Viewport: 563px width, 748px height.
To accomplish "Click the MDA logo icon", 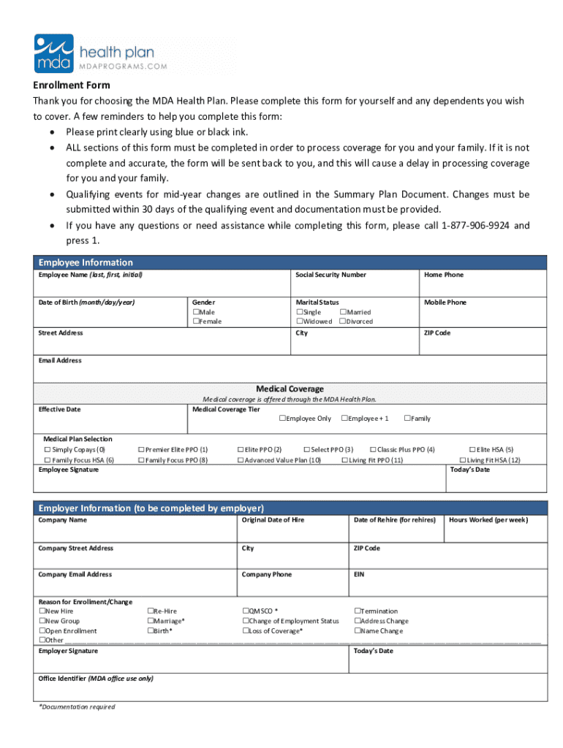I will (x=54, y=53).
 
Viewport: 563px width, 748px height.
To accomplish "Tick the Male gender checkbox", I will (x=196, y=312).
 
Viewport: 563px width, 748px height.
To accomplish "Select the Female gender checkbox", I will (x=196, y=321).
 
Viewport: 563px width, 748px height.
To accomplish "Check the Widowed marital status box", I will (x=300, y=321).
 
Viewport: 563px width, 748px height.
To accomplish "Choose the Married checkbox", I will (x=343, y=312).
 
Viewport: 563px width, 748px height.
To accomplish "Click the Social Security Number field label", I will (x=330, y=275).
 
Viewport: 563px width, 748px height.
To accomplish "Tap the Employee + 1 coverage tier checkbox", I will (x=344, y=419).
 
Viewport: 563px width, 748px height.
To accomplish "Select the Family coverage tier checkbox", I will (x=407, y=419).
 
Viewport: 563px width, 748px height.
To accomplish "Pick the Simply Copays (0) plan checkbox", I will (x=48, y=450).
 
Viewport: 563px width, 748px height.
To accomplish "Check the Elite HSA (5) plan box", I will (x=472, y=450).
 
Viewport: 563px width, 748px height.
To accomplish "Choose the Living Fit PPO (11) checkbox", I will (x=344, y=460).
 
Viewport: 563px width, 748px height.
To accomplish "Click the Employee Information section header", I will (x=86, y=262).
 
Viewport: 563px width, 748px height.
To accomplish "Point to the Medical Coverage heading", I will (x=290, y=389).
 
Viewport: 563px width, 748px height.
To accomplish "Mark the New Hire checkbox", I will (x=42, y=611).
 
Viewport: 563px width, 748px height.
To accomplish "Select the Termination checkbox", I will (x=358, y=611).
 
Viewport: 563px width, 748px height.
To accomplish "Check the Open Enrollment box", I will (x=42, y=631).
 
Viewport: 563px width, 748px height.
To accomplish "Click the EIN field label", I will (x=359, y=574).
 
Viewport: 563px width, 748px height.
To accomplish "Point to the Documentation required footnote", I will (x=77, y=707).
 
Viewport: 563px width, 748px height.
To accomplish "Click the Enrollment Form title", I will (x=71, y=85).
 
